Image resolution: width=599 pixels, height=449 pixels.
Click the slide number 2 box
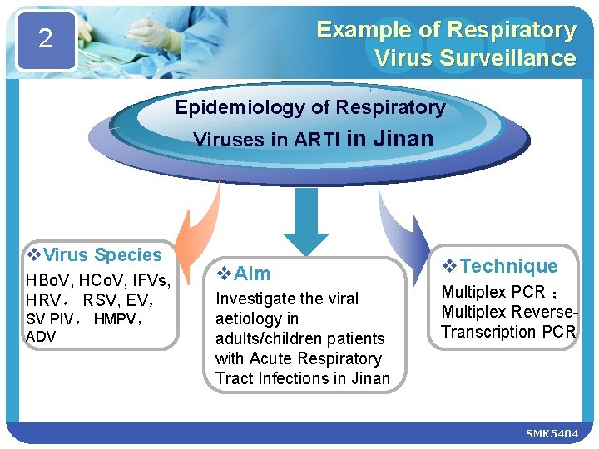(45, 39)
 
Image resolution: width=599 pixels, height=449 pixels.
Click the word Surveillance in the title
(518, 57)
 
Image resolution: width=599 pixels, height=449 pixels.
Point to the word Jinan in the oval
(402, 138)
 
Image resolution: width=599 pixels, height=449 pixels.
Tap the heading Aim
(252, 274)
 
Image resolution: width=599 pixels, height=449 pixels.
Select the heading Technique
(508, 266)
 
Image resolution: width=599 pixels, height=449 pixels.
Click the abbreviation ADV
(41, 336)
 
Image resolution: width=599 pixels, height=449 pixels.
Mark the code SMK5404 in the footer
(552, 434)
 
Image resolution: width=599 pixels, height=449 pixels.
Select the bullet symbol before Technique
(449, 266)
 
